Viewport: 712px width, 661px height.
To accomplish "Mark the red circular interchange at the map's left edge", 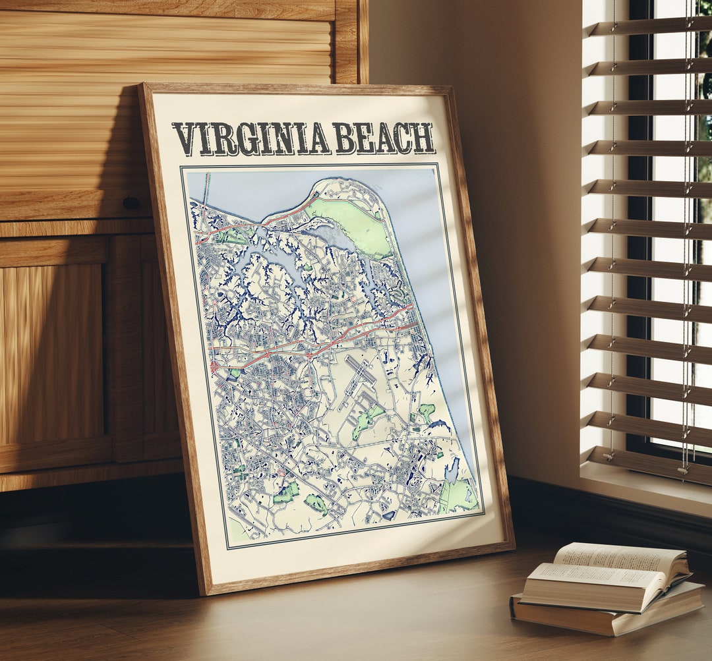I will click(x=214, y=364).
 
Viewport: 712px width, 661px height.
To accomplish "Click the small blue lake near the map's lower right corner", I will click(x=452, y=471).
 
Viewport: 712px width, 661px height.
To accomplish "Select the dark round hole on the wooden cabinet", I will click(x=131, y=203).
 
